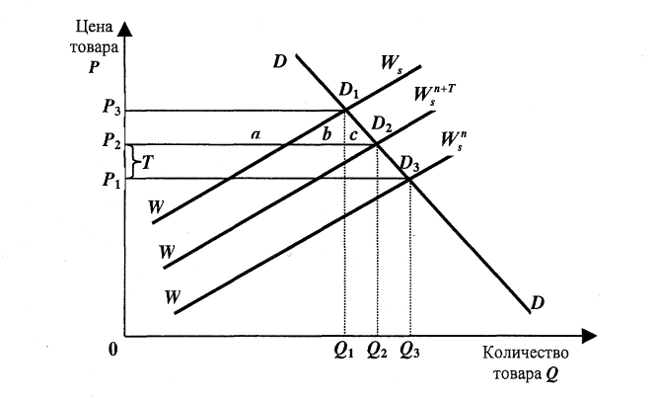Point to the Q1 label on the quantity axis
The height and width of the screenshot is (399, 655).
344,349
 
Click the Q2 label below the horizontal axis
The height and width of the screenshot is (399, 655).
377,349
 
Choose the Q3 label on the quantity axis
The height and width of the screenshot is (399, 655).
411,349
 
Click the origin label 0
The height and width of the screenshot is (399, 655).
113,348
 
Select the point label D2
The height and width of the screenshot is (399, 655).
381,125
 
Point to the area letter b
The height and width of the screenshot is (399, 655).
326,135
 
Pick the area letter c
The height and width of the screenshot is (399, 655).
354,134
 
